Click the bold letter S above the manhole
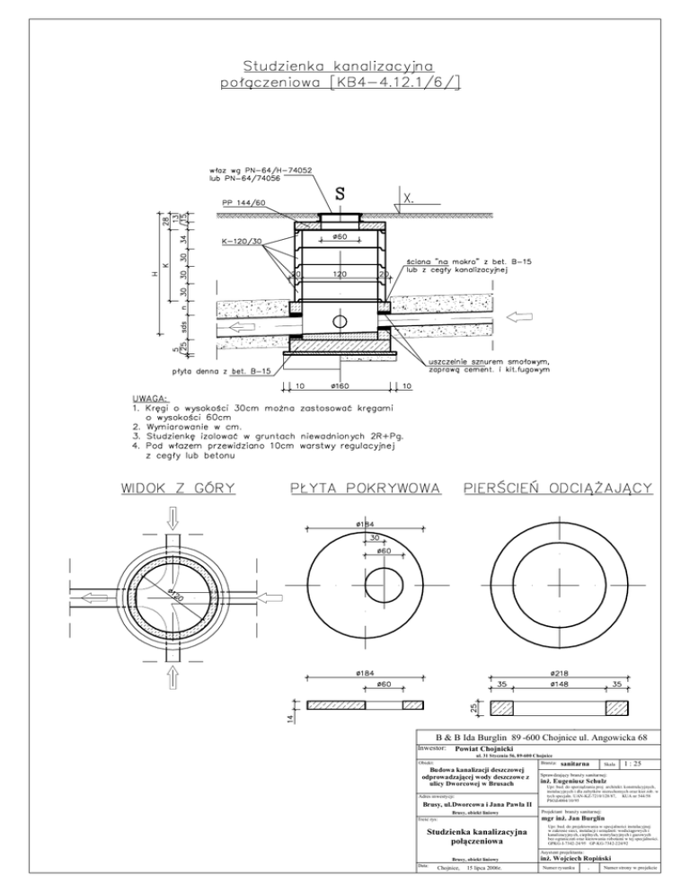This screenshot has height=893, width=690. click(x=341, y=192)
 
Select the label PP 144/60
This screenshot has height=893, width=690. click(x=243, y=202)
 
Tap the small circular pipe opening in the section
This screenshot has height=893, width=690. click(x=341, y=322)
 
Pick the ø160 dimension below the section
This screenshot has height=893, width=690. click(x=341, y=386)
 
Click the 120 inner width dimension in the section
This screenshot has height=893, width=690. click(x=341, y=273)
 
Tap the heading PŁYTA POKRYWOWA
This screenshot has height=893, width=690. click(x=366, y=489)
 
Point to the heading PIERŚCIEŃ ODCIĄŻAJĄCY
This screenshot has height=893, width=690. click(x=556, y=489)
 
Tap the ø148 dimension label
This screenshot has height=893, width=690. click(x=555, y=684)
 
